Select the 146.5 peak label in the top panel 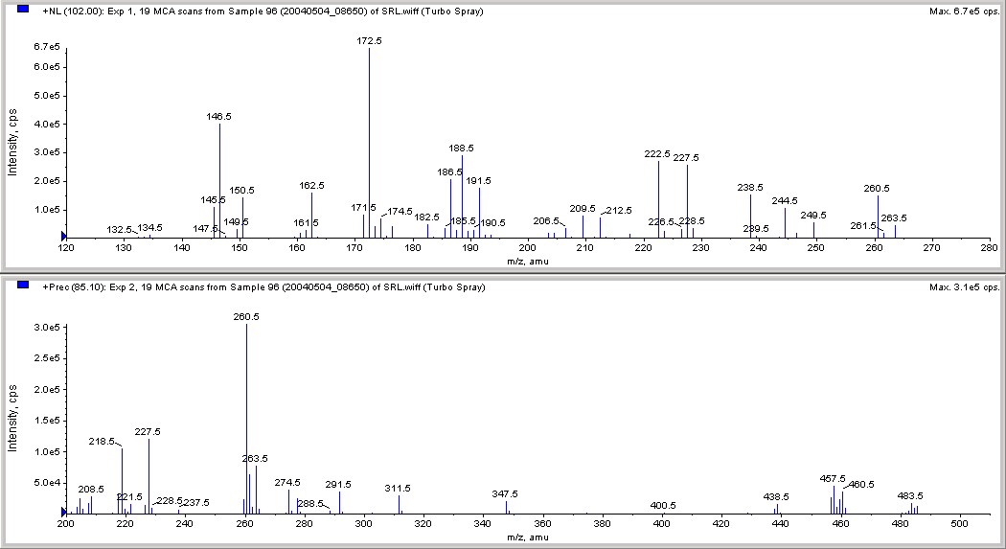(218, 116)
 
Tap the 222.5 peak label (657, 153)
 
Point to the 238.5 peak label (750, 188)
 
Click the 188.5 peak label (462, 148)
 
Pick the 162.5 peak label (311, 185)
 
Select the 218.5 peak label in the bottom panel (102, 442)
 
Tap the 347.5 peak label (505, 493)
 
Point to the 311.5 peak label (398, 488)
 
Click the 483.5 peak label (910, 495)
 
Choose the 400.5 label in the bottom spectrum (663, 505)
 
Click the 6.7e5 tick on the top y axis (47, 47)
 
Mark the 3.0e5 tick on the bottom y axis (47, 328)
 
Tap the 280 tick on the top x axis (988, 249)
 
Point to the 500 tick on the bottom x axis (958, 525)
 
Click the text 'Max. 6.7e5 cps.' (963, 11)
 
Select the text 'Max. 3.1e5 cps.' (963, 286)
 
